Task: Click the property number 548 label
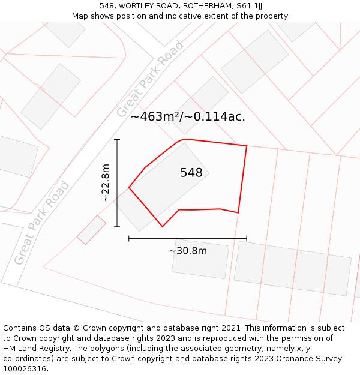(x=191, y=173)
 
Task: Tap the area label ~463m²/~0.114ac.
(x=188, y=116)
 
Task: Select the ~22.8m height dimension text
(x=106, y=182)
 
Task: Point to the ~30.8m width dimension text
(x=188, y=250)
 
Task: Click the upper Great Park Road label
(x=150, y=80)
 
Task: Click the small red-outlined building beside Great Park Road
(x=91, y=230)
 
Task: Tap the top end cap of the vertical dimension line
(x=117, y=140)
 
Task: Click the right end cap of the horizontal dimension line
(x=247, y=239)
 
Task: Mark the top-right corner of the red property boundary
(x=247, y=146)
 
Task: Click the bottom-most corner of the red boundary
(x=163, y=227)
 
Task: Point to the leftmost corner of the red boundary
(x=129, y=188)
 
